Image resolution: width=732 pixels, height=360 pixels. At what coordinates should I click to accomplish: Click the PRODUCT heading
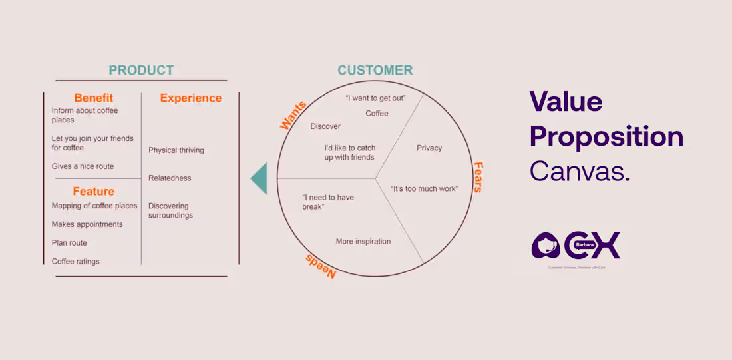[x=141, y=70]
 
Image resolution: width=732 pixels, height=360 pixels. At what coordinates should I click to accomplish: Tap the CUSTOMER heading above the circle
[x=375, y=70]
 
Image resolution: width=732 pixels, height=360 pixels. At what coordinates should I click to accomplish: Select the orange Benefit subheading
[x=93, y=98]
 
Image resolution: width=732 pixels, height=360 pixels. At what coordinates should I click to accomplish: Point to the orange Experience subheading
[x=190, y=98]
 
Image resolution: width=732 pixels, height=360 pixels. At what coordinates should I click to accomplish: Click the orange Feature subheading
[x=93, y=191]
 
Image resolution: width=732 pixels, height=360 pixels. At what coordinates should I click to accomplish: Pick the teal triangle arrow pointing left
[x=259, y=178]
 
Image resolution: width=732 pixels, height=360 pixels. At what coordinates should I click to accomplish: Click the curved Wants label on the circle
[x=293, y=115]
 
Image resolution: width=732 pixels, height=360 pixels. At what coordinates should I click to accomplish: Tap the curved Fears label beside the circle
[x=477, y=177]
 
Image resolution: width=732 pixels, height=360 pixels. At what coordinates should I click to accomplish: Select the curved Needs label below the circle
[x=321, y=266]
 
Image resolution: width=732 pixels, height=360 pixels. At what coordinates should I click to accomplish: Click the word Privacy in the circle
[x=429, y=148]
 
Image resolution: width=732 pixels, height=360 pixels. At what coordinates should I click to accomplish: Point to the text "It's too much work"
[x=424, y=188]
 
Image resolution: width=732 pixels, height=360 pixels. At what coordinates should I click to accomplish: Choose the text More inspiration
[x=363, y=241]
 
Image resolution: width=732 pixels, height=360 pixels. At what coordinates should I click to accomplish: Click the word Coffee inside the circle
[x=377, y=113]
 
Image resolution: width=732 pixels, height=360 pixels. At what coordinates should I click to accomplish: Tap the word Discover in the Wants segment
[x=325, y=126]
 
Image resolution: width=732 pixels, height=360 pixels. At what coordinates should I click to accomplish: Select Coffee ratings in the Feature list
[x=75, y=262]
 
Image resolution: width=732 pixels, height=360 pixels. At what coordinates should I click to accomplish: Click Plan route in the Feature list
[x=69, y=243]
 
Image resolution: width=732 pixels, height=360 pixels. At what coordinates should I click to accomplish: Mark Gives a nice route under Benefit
[x=83, y=166]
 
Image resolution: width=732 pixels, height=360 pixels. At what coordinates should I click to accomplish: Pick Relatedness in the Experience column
[x=170, y=178]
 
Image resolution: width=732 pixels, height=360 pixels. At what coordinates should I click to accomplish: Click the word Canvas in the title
[x=579, y=172]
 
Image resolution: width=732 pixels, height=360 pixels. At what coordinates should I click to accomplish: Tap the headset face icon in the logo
[x=547, y=245]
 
